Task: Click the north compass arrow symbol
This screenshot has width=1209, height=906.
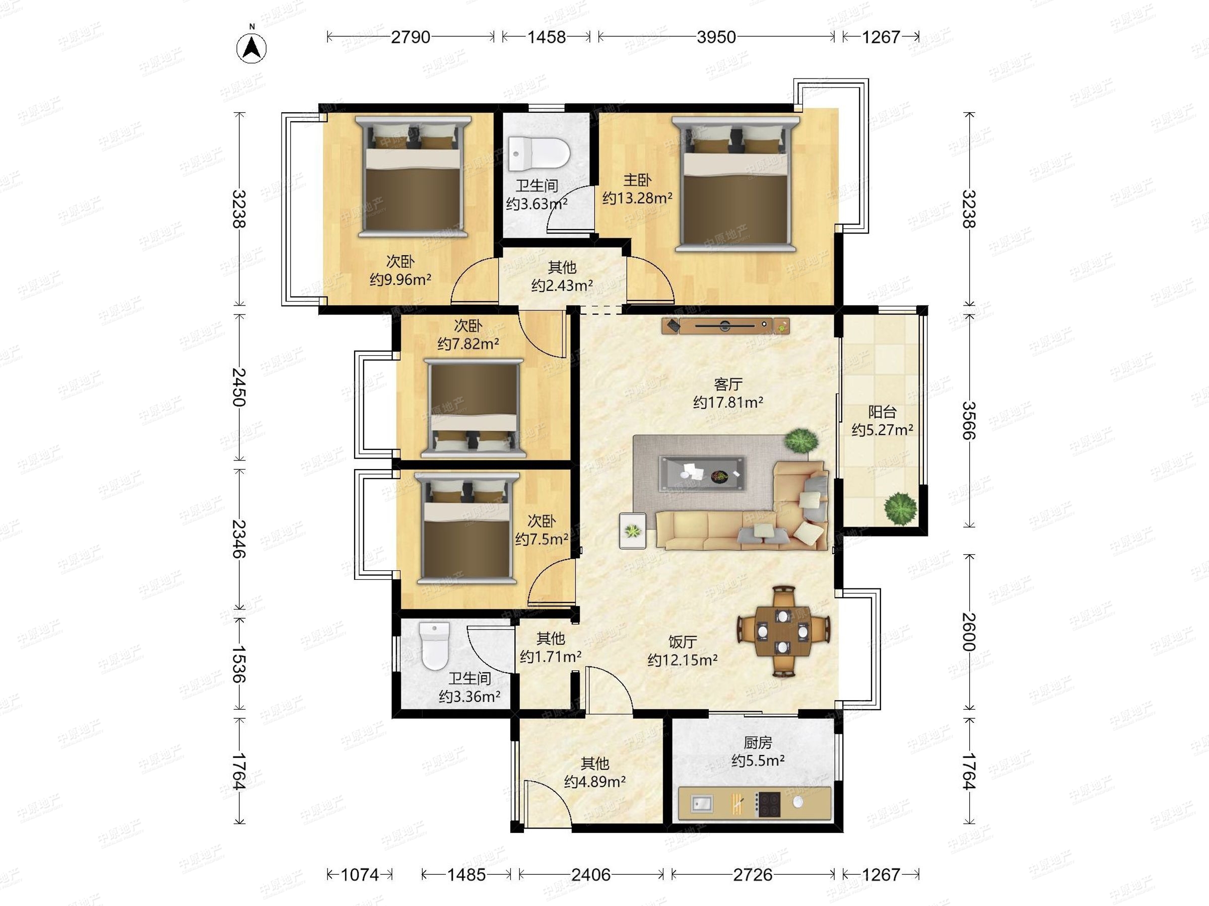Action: click(x=251, y=47)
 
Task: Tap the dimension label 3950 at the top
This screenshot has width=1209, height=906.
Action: click(x=716, y=37)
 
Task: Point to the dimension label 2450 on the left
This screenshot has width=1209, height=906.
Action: click(x=239, y=387)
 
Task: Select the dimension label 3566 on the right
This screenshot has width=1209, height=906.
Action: click(x=969, y=420)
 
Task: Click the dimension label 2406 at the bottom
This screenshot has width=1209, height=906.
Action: click(x=591, y=875)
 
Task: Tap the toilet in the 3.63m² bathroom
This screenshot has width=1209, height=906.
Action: click(x=539, y=154)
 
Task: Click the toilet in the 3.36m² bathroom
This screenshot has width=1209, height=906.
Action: click(x=435, y=646)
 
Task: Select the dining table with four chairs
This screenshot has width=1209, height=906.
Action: click(x=783, y=632)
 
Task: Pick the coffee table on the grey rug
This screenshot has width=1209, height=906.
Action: click(x=702, y=474)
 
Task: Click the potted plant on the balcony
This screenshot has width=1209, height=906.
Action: click(x=900, y=509)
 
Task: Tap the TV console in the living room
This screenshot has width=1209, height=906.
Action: click(x=726, y=326)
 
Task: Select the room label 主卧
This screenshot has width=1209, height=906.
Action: click(x=637, y=180)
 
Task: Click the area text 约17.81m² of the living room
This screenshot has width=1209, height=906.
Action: click(x=728, y=403)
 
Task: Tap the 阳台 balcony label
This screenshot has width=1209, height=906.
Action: click(x=882, y=412)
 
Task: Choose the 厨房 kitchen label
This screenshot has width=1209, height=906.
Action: click(x=758, y=743)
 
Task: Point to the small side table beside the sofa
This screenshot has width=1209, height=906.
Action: click(x=632, y=531)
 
